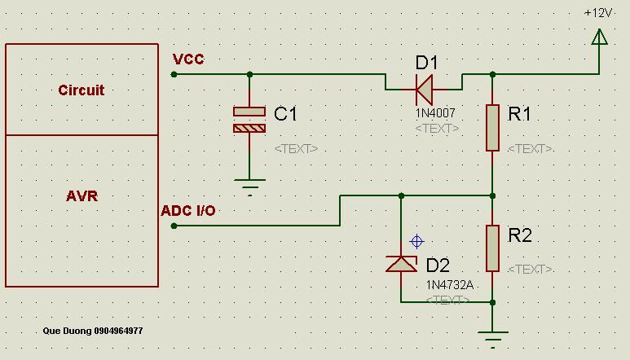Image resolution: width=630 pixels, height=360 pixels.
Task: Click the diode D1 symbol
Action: click(x=425, y=90)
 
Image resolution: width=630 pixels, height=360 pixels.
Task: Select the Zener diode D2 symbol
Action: click(x=401, y=264)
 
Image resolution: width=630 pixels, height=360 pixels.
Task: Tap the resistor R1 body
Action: click(x=492, y=128)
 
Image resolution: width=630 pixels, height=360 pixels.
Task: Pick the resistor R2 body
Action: click(x=492, y=248)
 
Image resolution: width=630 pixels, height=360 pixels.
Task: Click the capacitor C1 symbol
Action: click(x=249, y=120)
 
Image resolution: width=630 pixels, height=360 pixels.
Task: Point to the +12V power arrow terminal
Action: click(x=600, y=37)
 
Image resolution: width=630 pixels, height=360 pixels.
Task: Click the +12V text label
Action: click(x=598, y=13)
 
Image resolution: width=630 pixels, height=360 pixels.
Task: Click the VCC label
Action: click(x=188, y=59)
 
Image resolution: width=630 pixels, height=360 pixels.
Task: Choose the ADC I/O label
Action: click(x=188, y=211)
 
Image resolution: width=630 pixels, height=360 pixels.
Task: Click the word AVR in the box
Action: click(x=82, y=195)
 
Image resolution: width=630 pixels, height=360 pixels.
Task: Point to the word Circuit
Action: click(x=82, y=90)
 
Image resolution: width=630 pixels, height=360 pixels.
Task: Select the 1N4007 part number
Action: click(x=435, y=113)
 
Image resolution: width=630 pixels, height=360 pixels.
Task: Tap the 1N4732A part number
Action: click(x=450, y=285)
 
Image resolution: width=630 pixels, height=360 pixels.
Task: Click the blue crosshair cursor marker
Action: click(x=416, y=242)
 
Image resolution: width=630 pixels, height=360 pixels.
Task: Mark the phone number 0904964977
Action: click(x=118, y=331)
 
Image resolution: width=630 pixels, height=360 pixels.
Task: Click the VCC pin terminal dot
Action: click(x=174, y=74)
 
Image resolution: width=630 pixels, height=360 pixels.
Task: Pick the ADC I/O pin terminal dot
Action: click(x=174, y=226)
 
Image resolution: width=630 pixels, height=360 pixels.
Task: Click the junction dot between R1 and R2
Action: click(x=493, y=195)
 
